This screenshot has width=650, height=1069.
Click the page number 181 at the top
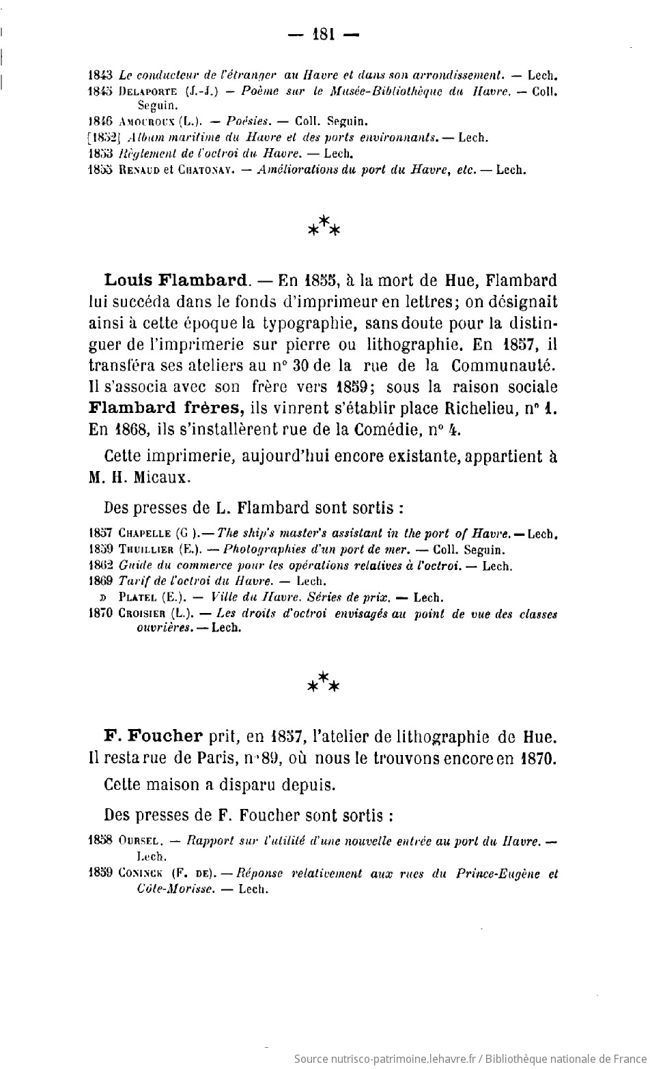(324, 34)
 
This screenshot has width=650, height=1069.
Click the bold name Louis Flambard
(176, 281)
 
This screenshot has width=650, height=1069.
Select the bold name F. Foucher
(153, 737)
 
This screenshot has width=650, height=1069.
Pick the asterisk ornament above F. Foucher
(324, 683)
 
